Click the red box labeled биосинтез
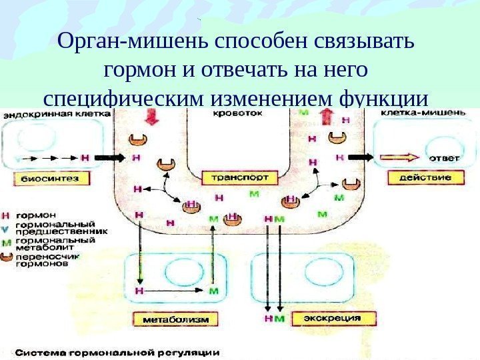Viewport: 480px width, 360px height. (x=41, y=178)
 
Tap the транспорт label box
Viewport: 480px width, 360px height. (x=230, y=178)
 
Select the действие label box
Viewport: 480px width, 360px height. (x=425, y=178)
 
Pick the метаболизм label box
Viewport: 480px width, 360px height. (x=173, y=319)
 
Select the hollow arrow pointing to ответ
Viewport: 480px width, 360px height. (x=399, y=158)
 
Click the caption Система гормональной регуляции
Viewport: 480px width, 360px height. (x=117, y=351)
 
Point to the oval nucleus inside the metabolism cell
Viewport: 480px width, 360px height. (x=179, y=272)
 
